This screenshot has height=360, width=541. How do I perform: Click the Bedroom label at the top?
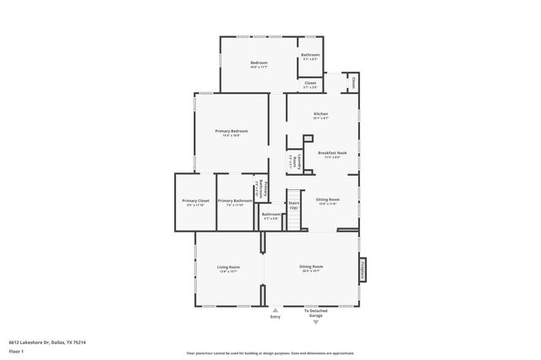pyautogui.click(x=259, y=63)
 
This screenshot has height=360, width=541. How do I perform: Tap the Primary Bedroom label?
pyautogui.click(x=232, y=131)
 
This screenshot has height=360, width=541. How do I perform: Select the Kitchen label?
pyautogui.click(x=320, y=113)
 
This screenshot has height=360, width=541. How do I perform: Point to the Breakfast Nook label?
pyautogui.click(x=329, y=153)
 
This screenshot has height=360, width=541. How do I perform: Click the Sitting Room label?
pyautogui.click(x=328, y=199)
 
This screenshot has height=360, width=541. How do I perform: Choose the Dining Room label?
pyautogui.click(x=311, y=267)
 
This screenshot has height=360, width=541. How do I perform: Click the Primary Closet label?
pyautogui.click(x=194, y=201)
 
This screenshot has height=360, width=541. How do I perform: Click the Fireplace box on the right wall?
pyautogui.click(x=362, y=269)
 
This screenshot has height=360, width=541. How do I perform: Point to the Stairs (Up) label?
pyautogui.click(x=293, y=205)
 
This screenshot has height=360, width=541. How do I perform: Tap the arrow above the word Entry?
pyautogui.click(x=275, y=310)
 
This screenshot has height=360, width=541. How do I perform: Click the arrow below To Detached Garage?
pyautogui.click(x=316, y=322)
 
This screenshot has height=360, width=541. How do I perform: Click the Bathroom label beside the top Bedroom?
pyautogui.click(x=310, y=56)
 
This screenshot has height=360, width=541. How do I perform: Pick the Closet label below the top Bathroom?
pyautogui.click(x=310, y=84)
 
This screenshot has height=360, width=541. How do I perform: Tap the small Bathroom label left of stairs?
pyautogui.click(x=270, y=215)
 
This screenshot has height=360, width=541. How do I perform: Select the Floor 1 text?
pyautogui.click(x=15, y=349)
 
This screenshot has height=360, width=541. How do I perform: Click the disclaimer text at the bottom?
pyautogui.click(x=270, y=353)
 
